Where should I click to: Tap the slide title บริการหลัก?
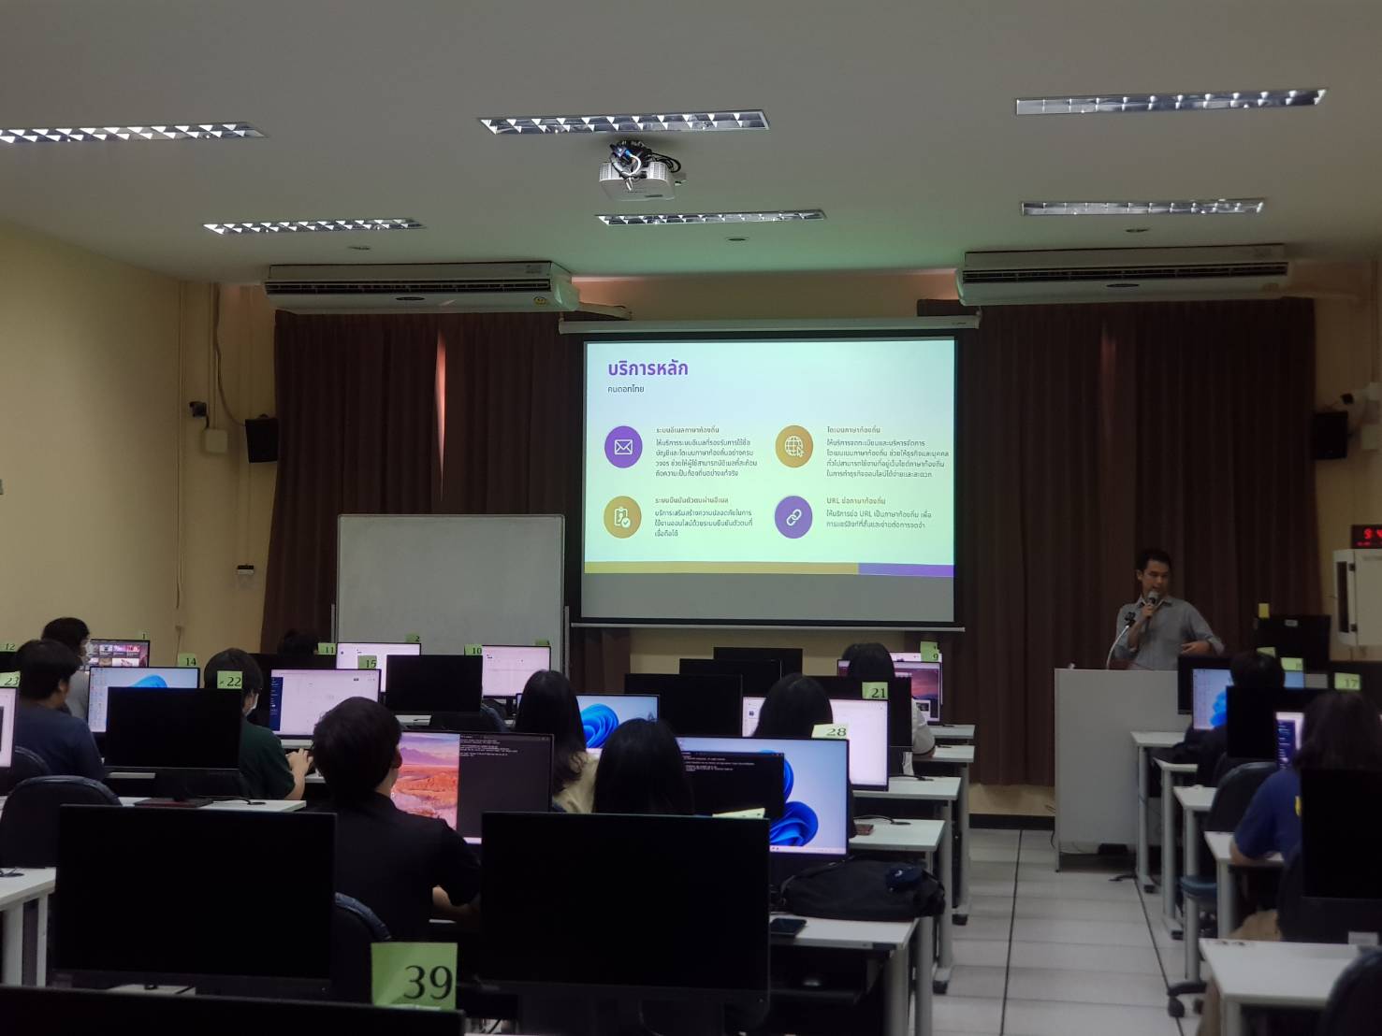[x=647, y=368]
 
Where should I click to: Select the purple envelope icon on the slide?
[x=623, y=447]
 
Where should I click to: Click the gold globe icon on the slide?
[x=793, y=446]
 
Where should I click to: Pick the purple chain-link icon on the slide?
[x=793, y=517]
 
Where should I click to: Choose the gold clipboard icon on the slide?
[x=622, y=517]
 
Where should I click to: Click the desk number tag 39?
[x=415, y=976]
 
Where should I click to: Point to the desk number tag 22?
[x=230, y=681]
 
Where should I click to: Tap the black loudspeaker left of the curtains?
[x=261, y=439]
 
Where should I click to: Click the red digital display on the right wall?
[x=1365, y=536]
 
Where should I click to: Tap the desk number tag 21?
[x=876, y=692]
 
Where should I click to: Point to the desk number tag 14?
[x=190, y=661]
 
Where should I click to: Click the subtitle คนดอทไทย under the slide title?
[x=626, y=389]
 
